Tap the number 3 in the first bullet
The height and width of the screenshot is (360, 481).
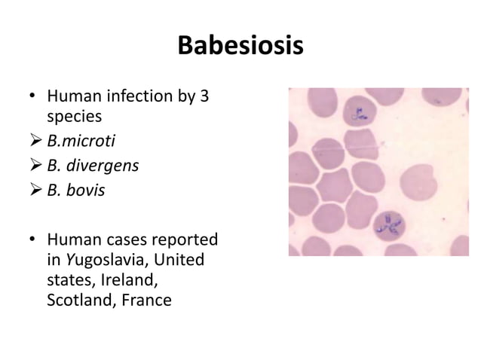(x=204, y=97)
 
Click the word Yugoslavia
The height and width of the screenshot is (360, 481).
(x=105, y=262)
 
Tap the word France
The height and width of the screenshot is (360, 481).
(x=152, y=301)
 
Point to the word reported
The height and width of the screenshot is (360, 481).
(x=183, y=240)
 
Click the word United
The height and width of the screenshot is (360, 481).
(x=189, y=262)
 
